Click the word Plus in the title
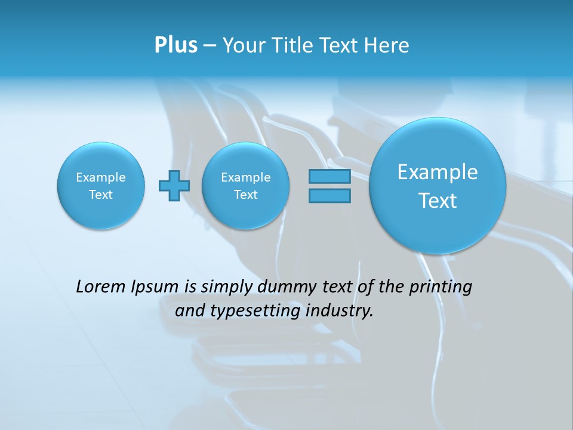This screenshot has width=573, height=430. (175, 45)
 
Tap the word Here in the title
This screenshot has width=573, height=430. (387, 45)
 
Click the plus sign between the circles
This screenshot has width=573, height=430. (174, 186)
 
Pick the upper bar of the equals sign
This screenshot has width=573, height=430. (329, 176)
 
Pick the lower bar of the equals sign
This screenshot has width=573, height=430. (329, 195)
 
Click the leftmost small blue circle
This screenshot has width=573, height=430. (101, 186)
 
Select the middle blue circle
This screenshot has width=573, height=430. (245, 186)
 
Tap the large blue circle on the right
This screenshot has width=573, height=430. (438, 186)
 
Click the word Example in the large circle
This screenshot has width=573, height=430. (438, 172)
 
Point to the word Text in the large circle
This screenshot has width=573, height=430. (438, 201)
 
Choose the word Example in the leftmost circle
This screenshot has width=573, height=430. (101, 177)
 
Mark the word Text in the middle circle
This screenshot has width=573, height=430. (245, 195)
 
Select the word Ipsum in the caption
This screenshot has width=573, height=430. (156, 287)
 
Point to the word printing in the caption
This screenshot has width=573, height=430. (442, 287)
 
